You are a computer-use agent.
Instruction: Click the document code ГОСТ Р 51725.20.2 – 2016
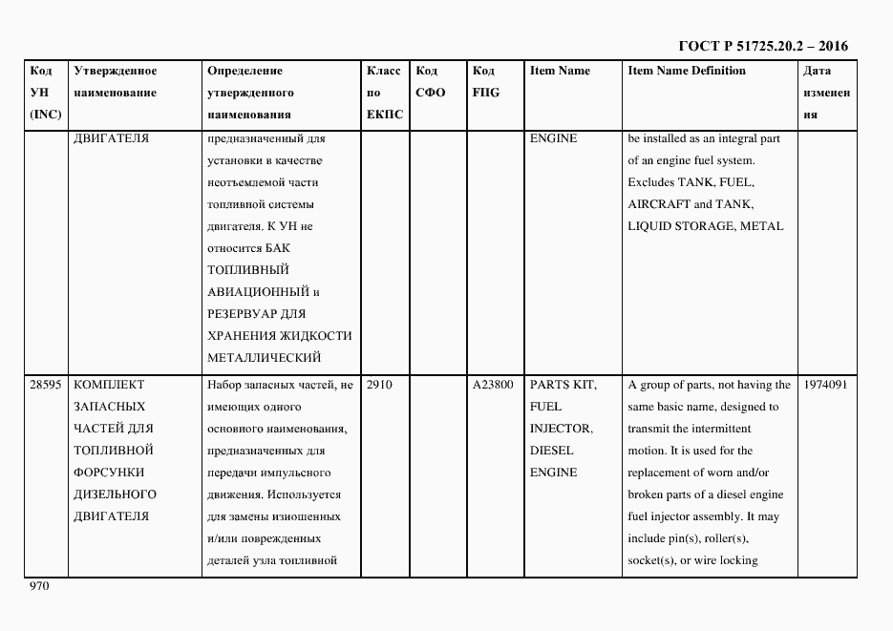(x=763, y=46)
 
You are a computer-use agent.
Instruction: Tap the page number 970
(x=39, y=586)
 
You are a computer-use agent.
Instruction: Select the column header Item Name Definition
(x=687, y=71)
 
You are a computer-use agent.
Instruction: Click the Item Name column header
(x=560, y=71)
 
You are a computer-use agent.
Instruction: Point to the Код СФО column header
(x=430, y=82)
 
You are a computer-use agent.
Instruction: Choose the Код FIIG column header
(x=485, y=82)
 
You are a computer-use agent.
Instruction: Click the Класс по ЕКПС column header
(x=385, y=93)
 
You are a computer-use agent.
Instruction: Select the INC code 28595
(x=46, y=385)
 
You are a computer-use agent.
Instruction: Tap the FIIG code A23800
(x=493, y=385)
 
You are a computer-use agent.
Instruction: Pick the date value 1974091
(x=825, y=385)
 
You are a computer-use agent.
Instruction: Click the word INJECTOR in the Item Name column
(x=561, y=429)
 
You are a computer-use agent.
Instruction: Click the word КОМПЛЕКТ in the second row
(x=109, y=385)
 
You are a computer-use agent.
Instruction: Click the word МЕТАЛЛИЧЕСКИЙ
(x=263, y=358)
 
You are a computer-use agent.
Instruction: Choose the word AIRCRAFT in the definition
(x=658, y=204)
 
